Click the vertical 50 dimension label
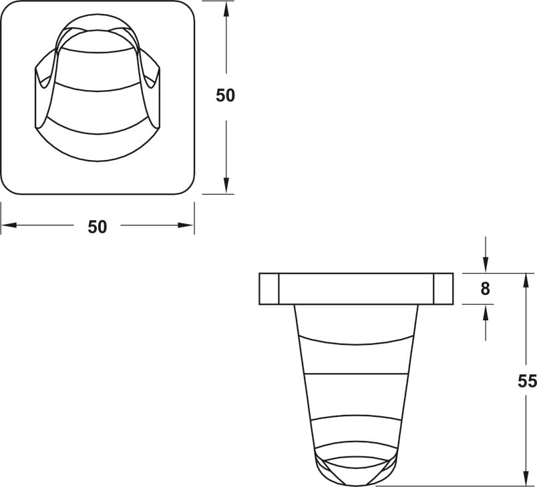pyautogui.click(x=225, y=95)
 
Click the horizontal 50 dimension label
pyautogui.click(x=98, y=227)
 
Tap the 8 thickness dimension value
pyautogui.click(x=485, y=289)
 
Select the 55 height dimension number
pyautogui.click(x=527, y=382)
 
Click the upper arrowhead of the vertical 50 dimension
pyautogui.click(x=226, y=10)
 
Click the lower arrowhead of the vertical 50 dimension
pyautogui.click(x=226, y=185)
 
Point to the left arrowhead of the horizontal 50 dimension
pyautogui.click(x=9, y=225)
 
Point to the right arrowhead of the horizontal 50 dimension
pyautogui.click(x=186, y=225)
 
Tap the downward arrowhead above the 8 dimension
pyautogui.click(x=486, y=264)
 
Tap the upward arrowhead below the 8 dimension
pyautogui.click(x=486, y=313)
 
